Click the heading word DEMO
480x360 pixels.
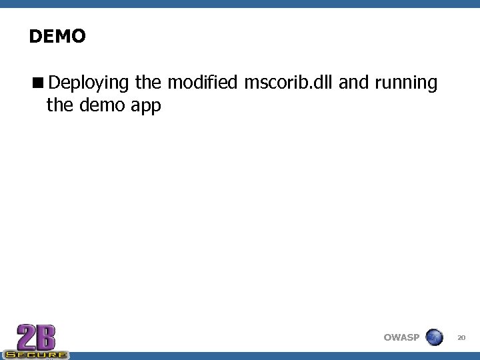coord(57,36)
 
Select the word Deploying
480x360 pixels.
coord(89,83)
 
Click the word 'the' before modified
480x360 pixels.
coord(147,83)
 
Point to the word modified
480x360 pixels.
coord(202,83)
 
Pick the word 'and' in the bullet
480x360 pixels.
coord(355,83)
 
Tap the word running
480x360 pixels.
coord(406,83)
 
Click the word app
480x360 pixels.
coord(147,106)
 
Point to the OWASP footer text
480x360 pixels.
coord(401,337)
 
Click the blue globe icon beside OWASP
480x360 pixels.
coord(434,337)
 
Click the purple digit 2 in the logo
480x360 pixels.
coord(26,336)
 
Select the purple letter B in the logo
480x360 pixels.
coord(46,336)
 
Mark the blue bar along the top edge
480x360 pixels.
coord(240,3)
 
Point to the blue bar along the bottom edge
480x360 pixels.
coord(267,356)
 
